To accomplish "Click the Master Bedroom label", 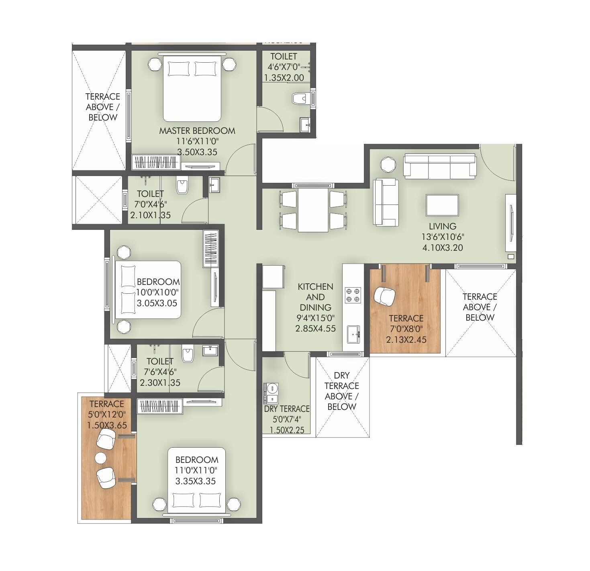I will [197, 131].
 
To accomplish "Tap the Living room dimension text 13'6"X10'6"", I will [443, 237].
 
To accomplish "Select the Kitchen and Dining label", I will [315, 297].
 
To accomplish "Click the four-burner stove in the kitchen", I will [353, 295].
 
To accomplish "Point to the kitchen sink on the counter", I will [353, 334].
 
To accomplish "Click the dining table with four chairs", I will [313, 210].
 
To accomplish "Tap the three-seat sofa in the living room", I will [440, 166].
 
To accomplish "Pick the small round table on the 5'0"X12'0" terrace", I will [100, 457].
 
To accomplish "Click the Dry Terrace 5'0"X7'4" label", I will [287, 409].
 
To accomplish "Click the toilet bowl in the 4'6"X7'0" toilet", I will [299, 98].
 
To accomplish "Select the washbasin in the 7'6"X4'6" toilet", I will [210, 350].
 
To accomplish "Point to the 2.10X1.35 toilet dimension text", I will [150, 215].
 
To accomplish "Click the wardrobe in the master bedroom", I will [156, 162].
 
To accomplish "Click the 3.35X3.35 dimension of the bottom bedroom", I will [196, 481].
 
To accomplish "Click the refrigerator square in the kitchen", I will [274, 276].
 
